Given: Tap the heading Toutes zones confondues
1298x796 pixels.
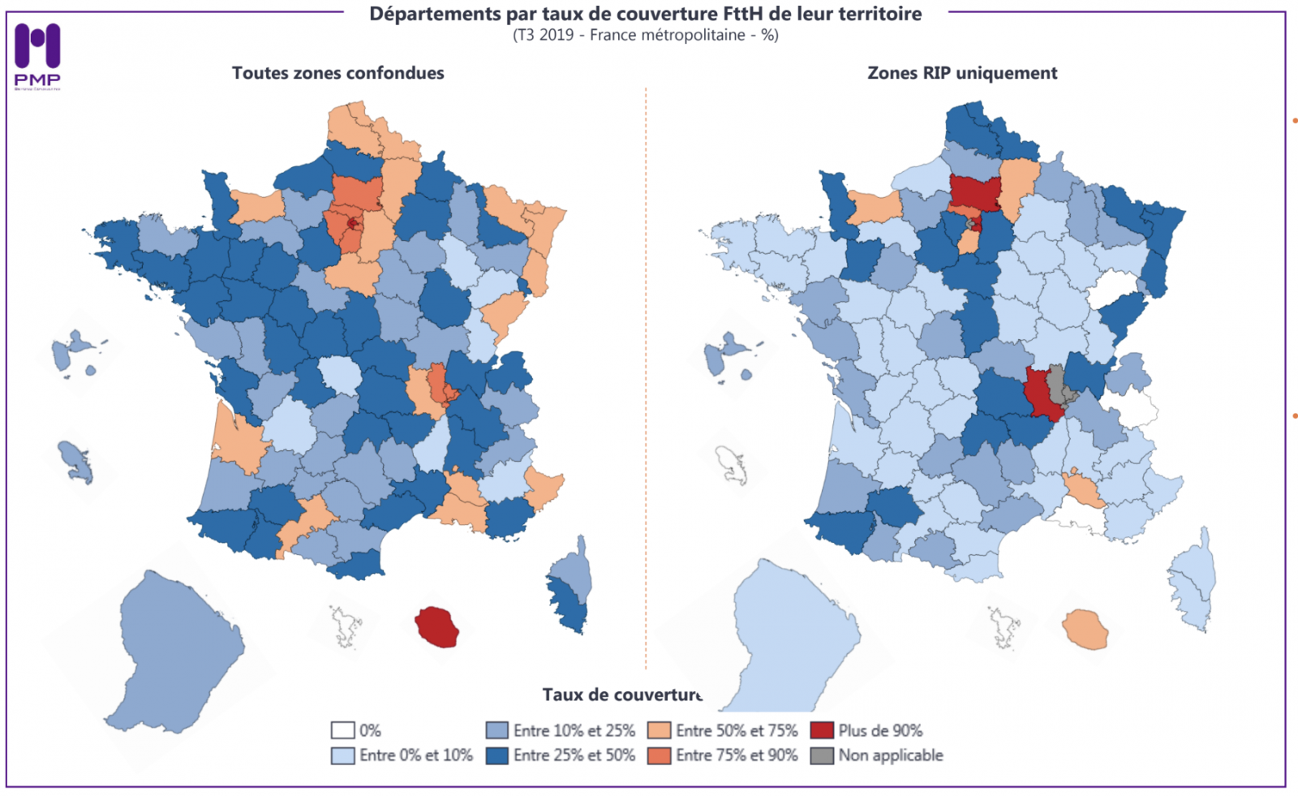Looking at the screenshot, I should tap(337, 73).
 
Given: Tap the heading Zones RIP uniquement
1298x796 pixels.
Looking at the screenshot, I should tap(962, 73).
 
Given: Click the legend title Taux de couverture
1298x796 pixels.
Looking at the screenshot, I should tap(622, 695).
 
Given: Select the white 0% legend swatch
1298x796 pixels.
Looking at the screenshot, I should tap(342, 730).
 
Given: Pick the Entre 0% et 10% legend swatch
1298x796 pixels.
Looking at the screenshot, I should tap(342, 755).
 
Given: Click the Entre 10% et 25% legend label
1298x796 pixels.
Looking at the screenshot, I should tap(574, 730).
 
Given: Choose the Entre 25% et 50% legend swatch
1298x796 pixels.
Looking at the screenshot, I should tap(496, 755).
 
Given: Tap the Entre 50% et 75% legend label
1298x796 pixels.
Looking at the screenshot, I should tap(737, 730).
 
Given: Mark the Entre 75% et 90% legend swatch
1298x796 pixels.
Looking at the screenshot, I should tap(659, 755).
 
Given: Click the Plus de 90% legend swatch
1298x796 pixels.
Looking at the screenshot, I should tap(822, 730).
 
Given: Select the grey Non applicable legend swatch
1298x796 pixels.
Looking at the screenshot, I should tap(822, 755).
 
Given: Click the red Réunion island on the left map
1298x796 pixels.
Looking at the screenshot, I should tap(438, 627).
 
